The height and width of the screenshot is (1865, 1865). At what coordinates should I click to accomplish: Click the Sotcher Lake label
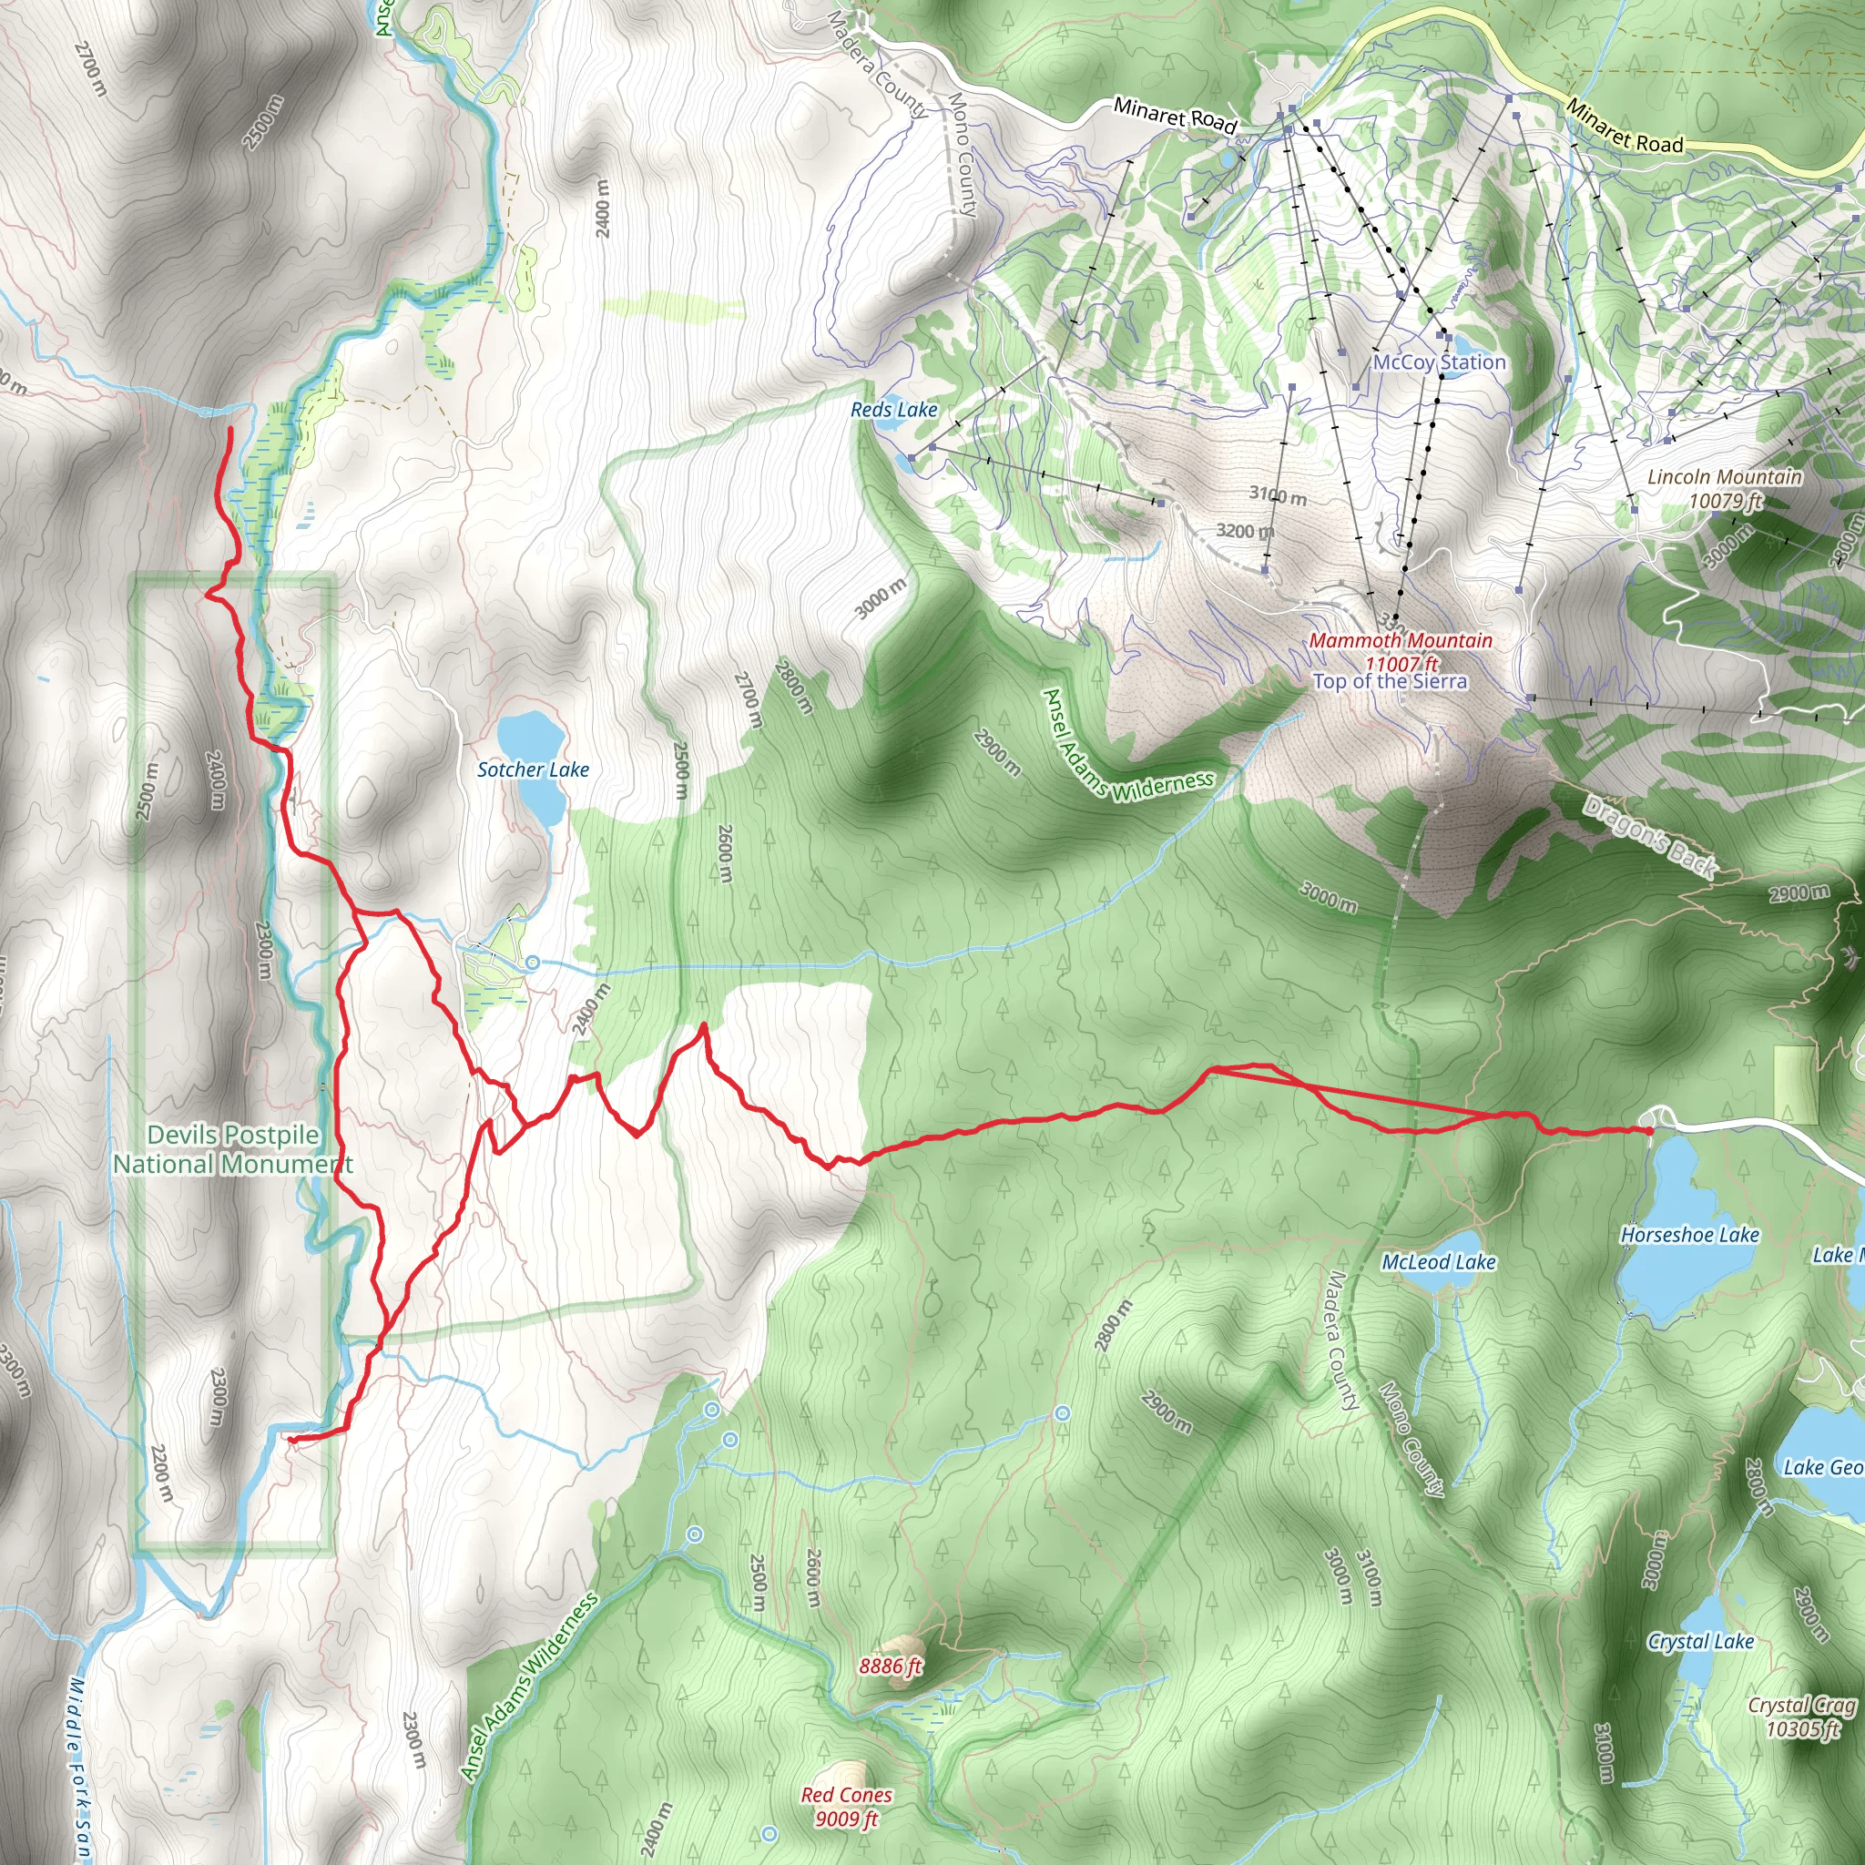(533, 769)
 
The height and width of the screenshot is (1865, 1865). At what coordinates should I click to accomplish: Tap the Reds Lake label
(894, 409)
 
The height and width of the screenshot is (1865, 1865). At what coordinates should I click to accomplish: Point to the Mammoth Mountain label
(1400, 640)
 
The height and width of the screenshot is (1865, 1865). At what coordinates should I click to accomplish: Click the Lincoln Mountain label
(1724, 477)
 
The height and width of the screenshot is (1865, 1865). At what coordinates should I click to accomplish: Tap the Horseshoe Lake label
(1689, 1235)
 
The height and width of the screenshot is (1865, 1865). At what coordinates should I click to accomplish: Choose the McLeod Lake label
(1438, 1261)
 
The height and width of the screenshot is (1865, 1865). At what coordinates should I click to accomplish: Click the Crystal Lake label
(1700, 1641)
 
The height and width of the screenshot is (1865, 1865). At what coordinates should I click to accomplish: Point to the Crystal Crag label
(1802, 1706)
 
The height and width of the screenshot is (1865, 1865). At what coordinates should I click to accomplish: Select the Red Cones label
(846, 1795)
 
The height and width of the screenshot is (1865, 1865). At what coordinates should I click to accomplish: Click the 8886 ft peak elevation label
(890, 1666)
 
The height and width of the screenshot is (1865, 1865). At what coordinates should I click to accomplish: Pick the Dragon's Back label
(1650, 836)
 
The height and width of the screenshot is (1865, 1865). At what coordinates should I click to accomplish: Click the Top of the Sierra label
(1389, 681)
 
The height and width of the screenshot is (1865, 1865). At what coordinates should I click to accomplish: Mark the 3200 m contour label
(1244, 531)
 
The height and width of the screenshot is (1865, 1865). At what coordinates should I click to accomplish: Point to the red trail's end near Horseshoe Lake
(1647, 1130)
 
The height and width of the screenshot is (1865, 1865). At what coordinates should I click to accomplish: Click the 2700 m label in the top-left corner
(89, 68)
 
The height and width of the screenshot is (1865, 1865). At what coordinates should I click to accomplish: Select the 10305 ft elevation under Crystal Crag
(1802, 1729)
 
